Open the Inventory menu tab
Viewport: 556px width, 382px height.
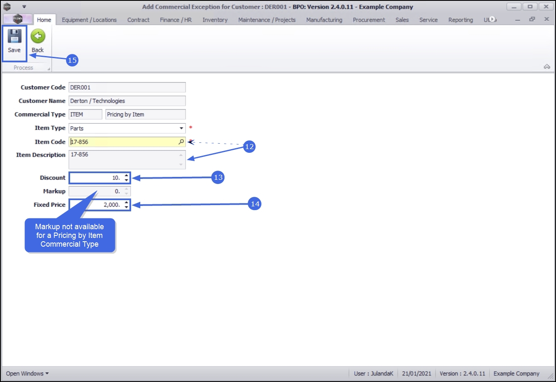click(x=215, y=20)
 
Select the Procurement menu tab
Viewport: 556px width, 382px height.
click(x=369, y=20)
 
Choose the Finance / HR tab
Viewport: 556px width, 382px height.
click(x=176, y=20)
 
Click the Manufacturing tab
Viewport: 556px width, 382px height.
click(x=324, y=20)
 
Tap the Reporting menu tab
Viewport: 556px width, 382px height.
click(x=461, y=20)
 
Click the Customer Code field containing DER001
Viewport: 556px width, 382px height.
click(x=127, y=88)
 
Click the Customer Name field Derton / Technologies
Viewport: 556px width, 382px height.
click(x=127, y=101)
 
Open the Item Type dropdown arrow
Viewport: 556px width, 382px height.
click(x=181, y=128)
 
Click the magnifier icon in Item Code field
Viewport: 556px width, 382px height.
click(x=181, y=142)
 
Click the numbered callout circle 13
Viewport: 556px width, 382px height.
click(x=218, y=178)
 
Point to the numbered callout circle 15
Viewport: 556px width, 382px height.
click(x=72, y=60)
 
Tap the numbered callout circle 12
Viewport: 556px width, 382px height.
click(x=249, y=147)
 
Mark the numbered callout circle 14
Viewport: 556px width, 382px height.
click(x=255, y=204)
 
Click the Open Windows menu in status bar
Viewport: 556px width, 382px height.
click(x=27, y=374)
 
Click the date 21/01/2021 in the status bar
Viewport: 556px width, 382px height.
click(x=417, y=374)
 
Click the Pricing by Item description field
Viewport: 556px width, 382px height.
click(x=145, y=114)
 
